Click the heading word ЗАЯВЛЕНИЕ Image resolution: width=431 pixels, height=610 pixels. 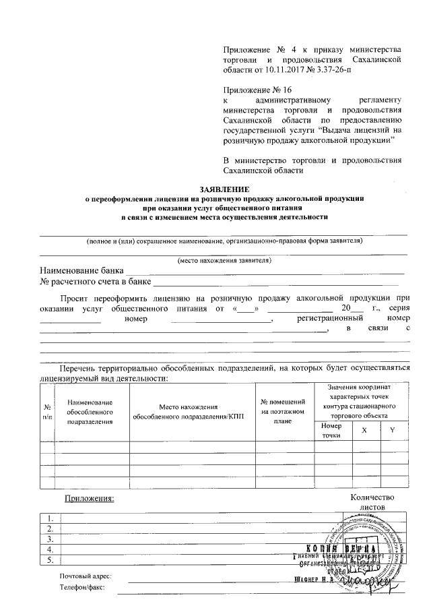point(224,189)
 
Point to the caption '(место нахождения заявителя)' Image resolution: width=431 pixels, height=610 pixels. point(224,260)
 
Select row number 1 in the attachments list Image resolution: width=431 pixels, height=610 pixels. point(51,518)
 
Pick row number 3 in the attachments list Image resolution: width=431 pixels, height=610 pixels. point(51,539)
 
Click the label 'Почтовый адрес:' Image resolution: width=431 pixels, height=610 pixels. point(85,576)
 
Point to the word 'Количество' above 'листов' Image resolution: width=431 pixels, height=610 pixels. point(374,497)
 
